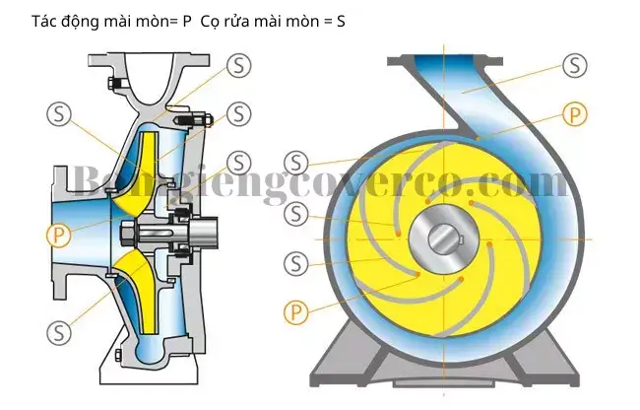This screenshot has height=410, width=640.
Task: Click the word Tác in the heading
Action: click(x=44, y=22)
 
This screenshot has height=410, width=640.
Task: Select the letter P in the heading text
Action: click(x=187, y=22)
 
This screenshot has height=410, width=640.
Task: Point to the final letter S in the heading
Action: click(x=341, y=22)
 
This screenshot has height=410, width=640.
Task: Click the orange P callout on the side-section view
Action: click(x=59, y=235)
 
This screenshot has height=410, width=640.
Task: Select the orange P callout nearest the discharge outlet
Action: click(x=575, y=114)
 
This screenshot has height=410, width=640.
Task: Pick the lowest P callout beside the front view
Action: click(x=296, y=312)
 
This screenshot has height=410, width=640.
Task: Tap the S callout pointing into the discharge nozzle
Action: click(x=575, y=65)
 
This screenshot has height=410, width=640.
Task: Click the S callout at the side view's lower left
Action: click(x=59, y=332)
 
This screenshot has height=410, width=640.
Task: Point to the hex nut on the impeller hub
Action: click(x=127, y=234)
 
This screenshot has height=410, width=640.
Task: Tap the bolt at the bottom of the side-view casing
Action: click(x=118, y=355)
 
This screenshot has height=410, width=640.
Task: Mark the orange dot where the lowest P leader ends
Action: click(x=417, y=274)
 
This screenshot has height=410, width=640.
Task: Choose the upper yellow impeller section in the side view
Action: click(x=144, y=171)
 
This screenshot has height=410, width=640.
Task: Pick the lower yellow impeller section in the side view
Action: click(x=141, y=291)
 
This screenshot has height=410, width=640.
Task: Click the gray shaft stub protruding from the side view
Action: click(x=203, y=234)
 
